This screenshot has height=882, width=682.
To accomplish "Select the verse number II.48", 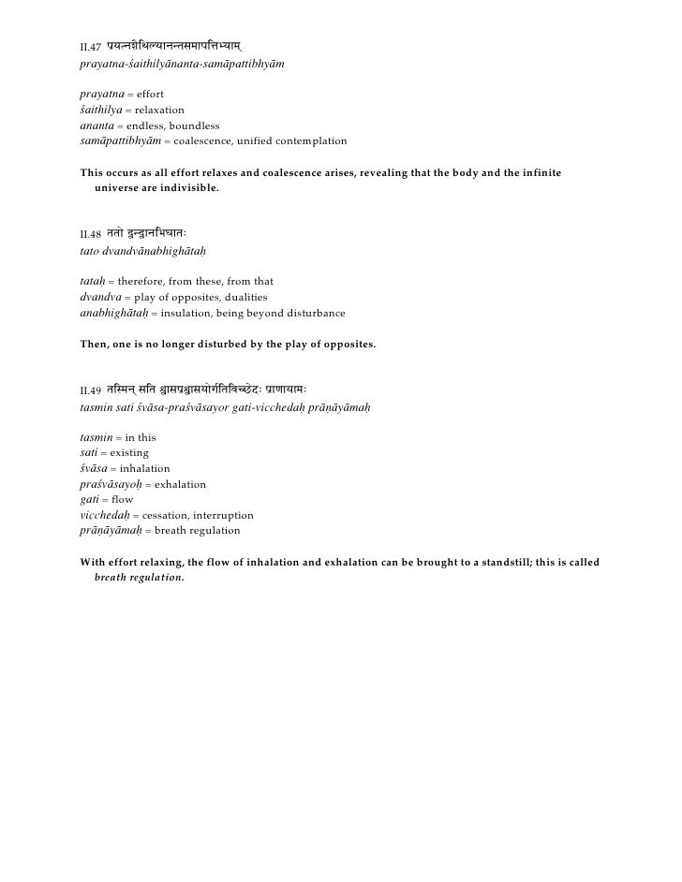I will coord(91,233).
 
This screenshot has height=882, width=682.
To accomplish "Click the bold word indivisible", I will coord(189,188).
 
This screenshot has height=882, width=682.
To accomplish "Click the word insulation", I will coord(178,312).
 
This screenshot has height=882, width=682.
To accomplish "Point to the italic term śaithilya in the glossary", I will coord(102,110).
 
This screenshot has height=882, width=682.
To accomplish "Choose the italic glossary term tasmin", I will coord(96,437).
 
